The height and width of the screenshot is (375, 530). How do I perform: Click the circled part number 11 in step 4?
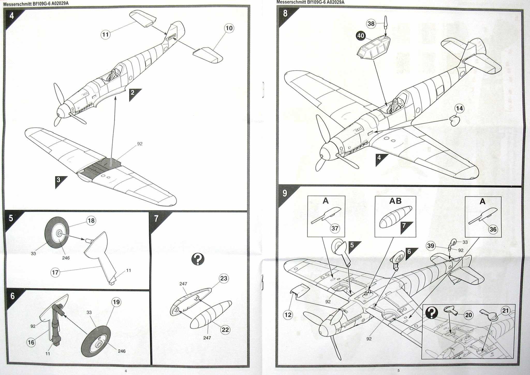(105, 34)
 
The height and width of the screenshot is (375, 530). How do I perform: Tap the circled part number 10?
(229, 28)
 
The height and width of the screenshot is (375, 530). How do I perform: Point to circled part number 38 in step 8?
(371, 24)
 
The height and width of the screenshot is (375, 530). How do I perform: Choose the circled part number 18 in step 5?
(91, 221)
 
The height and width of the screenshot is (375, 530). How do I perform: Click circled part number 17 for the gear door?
(56, 272)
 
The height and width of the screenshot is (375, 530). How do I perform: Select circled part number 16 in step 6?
(31, 343)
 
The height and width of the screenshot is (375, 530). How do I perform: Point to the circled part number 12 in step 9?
(288, 315)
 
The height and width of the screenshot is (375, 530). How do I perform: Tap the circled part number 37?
(335, 228)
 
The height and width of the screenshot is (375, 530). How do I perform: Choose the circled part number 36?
(493, 229)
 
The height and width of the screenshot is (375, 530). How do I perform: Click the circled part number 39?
(431, 246)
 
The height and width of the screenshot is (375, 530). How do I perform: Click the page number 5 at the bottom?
(399, 371)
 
